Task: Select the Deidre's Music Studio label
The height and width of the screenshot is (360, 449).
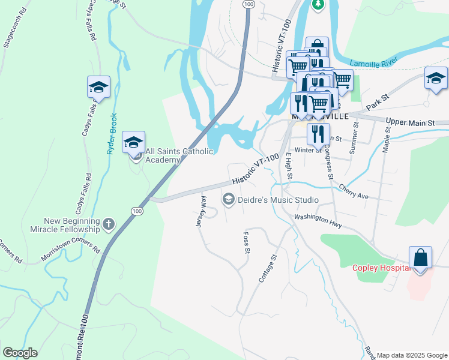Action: pyautogui.click(x=278, y=199)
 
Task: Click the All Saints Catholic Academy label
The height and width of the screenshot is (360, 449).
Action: pyautogui.click(x=179, y=155)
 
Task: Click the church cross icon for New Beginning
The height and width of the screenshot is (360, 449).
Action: pyautogui.click(x=109, y=224)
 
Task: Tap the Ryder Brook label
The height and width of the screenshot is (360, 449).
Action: pyautogui.click(x=111, y=134)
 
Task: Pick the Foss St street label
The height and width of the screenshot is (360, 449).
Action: pyautogui.click(x=246, y=242)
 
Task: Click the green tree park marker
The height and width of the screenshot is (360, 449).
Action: pyautogui.click(x=318, y=5)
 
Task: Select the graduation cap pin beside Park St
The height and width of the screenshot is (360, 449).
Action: pyautogui.click(x=436, y=78)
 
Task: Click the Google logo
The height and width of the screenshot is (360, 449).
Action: pyautogui.click(x=20, y=353)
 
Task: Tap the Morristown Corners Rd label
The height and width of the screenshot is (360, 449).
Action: pyautogui.click(x=71, y=250)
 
